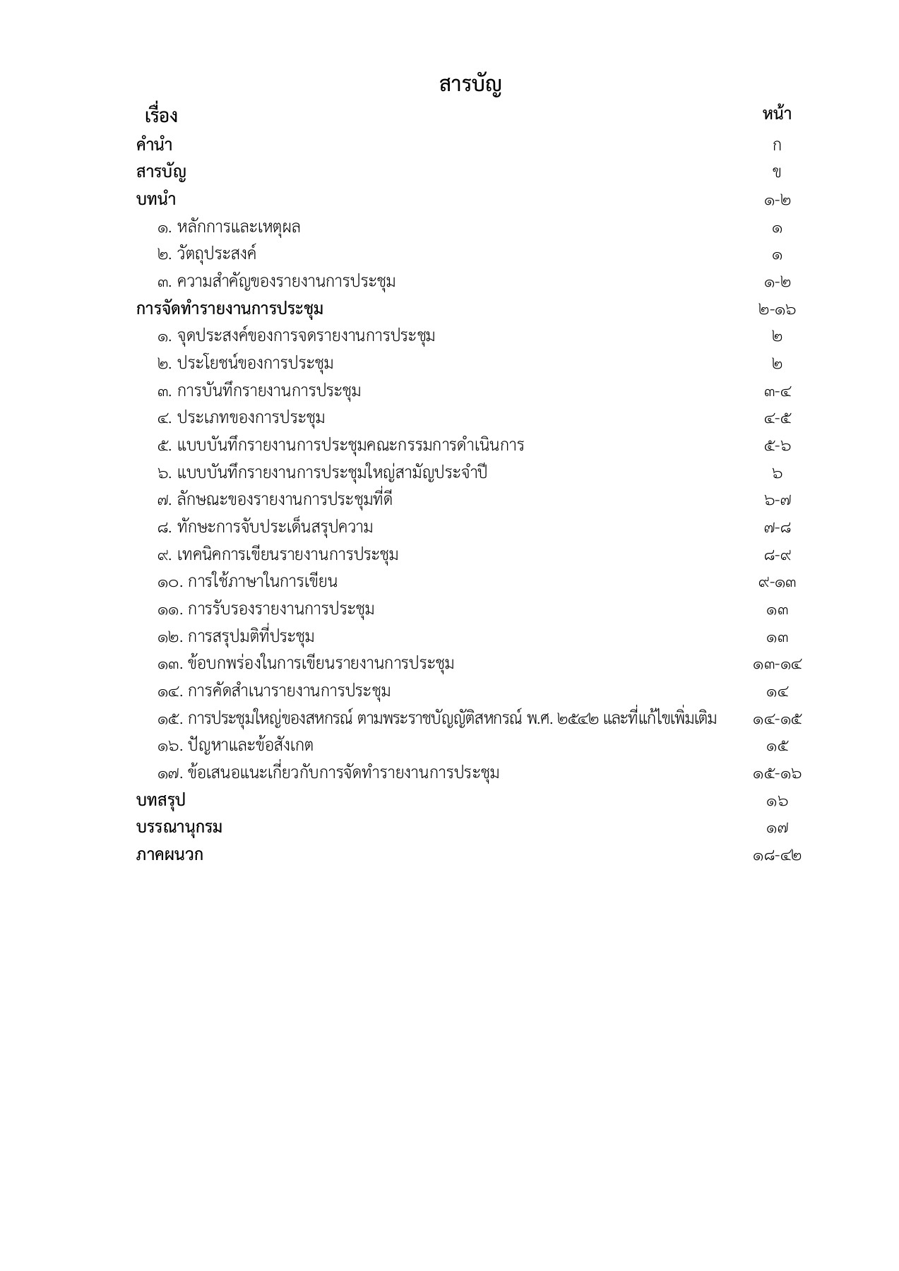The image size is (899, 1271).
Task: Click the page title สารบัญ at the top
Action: pyautogui.click(x=470, y=85)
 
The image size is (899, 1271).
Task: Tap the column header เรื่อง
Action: pyautogui.click(x=160, y=115)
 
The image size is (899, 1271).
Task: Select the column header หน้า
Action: pyautogui.click(x=776, y=114)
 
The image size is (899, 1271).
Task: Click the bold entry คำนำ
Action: pyautogui.click(x=154, y=145)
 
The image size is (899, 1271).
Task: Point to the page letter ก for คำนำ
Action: pyautogui.click(x=777, y=146)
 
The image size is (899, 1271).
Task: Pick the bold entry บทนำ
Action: pyautogui.click(x=155, y=200)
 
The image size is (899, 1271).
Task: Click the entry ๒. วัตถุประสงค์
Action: pyautogui.click(x=207, y=254)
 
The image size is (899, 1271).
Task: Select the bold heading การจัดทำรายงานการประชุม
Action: pyautogui.click(x=230, y=309)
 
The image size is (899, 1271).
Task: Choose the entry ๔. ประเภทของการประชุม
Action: pyautogui.click(x=241, y=418)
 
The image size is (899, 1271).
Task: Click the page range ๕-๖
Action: pyautogui.click(x=777, y=446)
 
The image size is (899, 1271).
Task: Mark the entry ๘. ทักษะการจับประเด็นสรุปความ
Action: pyautogui.click(x=265, y=527)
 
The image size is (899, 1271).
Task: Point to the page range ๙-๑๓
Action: pyautogui.click(x=777, y=583)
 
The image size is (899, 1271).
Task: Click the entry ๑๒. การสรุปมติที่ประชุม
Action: pyautogui.click(x=236, y=637)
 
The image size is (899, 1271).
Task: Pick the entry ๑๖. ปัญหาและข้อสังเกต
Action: pyautogui.click(x=235, y=746)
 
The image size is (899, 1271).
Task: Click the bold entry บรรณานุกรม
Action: pyautogui.click(x=179, y=828)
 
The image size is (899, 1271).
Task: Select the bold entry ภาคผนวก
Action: pyautogui.click(x=169, y=855)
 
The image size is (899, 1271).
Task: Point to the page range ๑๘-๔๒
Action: pyautogui.click(x=777, y=856)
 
